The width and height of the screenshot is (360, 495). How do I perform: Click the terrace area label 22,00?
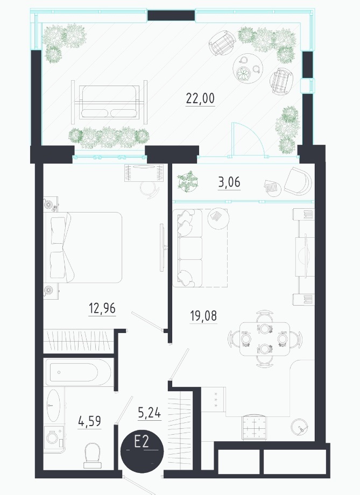200,98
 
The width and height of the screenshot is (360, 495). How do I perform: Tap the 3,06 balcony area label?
229,182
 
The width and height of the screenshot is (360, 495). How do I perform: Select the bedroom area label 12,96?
102,308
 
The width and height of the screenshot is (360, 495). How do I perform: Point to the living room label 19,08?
204,316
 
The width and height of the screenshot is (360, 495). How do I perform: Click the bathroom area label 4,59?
90,421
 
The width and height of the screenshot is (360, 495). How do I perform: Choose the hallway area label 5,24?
150,413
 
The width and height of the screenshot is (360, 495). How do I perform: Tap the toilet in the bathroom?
93,455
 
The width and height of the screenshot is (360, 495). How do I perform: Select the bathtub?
78,372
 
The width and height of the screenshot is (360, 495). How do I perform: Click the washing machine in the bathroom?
54,438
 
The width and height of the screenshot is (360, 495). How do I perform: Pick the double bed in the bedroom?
83,247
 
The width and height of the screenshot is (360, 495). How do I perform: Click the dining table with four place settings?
265,339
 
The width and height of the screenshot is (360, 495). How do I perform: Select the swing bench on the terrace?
109,103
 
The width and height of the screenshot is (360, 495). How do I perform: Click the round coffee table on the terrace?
248,68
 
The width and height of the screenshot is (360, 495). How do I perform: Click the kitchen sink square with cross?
254,427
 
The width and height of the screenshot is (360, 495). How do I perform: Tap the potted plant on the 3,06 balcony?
187,181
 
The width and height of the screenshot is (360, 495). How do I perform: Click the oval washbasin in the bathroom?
53,405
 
